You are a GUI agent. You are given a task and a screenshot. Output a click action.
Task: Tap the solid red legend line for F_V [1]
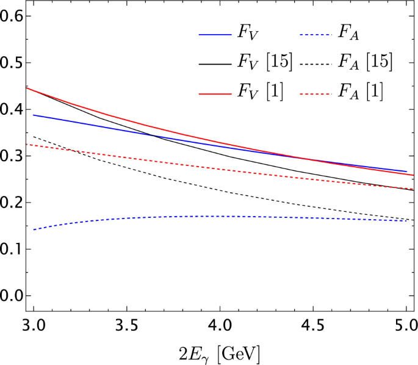pos(214,93)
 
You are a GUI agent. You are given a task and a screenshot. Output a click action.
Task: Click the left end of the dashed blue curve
pos(34,229)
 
